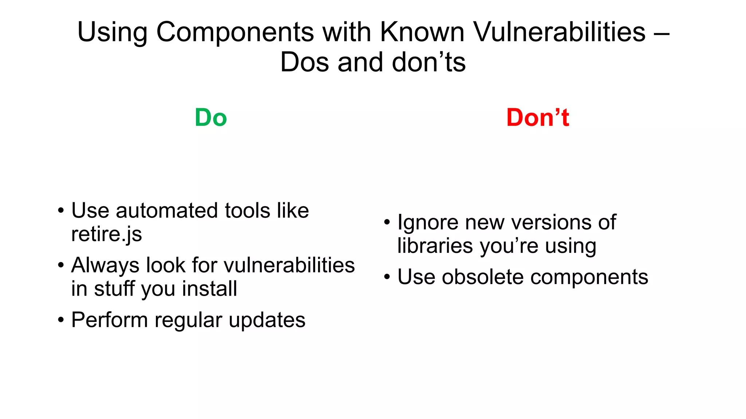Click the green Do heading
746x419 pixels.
[x=211, y=118]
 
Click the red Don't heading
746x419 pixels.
[x=538, y=118]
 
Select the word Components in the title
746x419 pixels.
[x=235, y=32]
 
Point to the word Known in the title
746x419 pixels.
[x=422, y=32]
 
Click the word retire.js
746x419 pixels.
[x=106, y=234]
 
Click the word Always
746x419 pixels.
[x=105, y=265]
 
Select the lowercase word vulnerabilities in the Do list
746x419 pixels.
[x=289, y=265]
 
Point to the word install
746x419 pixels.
[x=209, y=289]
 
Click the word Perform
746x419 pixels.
[x=110, y=320]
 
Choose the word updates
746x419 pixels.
[x=267, y=320]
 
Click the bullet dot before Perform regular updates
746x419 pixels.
[x=61, y=320]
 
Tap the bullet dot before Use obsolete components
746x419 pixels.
[x=387, y=277]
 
